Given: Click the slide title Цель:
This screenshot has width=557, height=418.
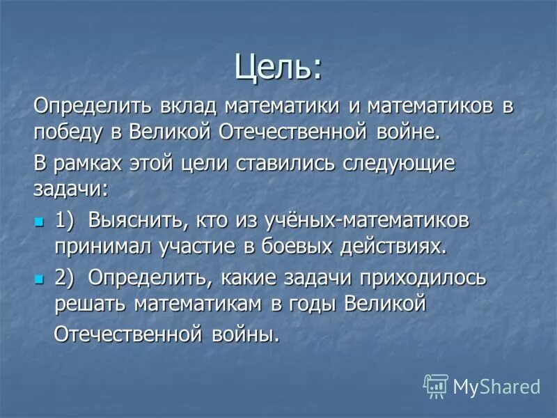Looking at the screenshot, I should tap(278, 67).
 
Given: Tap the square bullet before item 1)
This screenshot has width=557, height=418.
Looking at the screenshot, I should tap(39, 222).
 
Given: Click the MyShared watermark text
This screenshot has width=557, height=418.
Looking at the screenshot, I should tap(496, 386).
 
